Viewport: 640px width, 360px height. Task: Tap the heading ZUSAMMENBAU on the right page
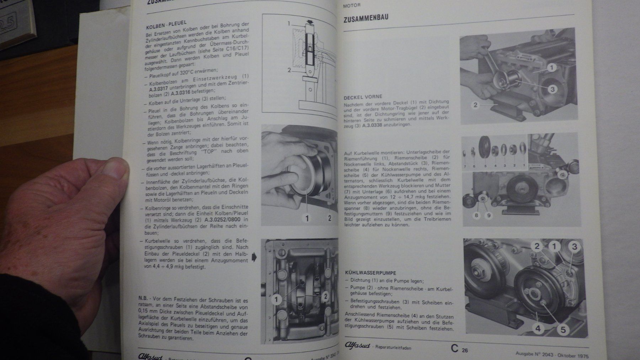(366, 19)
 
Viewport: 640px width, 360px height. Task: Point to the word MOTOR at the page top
(352, 5)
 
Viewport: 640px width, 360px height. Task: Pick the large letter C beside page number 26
(454, 349)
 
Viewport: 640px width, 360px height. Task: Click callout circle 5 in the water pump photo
(563, 329)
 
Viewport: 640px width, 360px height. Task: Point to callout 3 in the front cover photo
(552, 89)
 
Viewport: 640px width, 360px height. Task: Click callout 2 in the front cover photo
(475, 105)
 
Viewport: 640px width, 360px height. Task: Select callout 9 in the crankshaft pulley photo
(489, 215)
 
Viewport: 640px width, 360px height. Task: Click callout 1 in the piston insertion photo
(307, 218)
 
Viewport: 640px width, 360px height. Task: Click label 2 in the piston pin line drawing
(289, 70)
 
